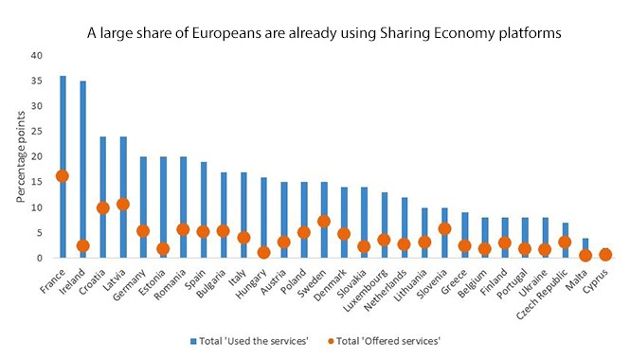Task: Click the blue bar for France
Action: (63, 167)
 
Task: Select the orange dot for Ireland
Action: (83, 246)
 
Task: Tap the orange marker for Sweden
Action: (324, 222)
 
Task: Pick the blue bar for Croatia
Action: (103, 197)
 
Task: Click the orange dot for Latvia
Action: (123, 204)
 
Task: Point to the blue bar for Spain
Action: (204, 209)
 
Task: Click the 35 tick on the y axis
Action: (37, 81)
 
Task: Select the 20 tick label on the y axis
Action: (37, 156)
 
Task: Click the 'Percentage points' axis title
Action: (21, 157)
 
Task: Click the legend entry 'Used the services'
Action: (249, 341)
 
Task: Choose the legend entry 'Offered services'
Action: (384, 341)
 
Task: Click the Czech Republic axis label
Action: (542, 295)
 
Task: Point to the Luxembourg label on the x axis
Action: (366, 291)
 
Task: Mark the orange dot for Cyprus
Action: (605, 254)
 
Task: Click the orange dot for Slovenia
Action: (444, 229)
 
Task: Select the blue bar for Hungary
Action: (263, 217)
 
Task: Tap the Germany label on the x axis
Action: (130, 285)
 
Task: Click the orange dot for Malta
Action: (585, 256)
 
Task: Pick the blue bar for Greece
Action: (464, 235)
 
